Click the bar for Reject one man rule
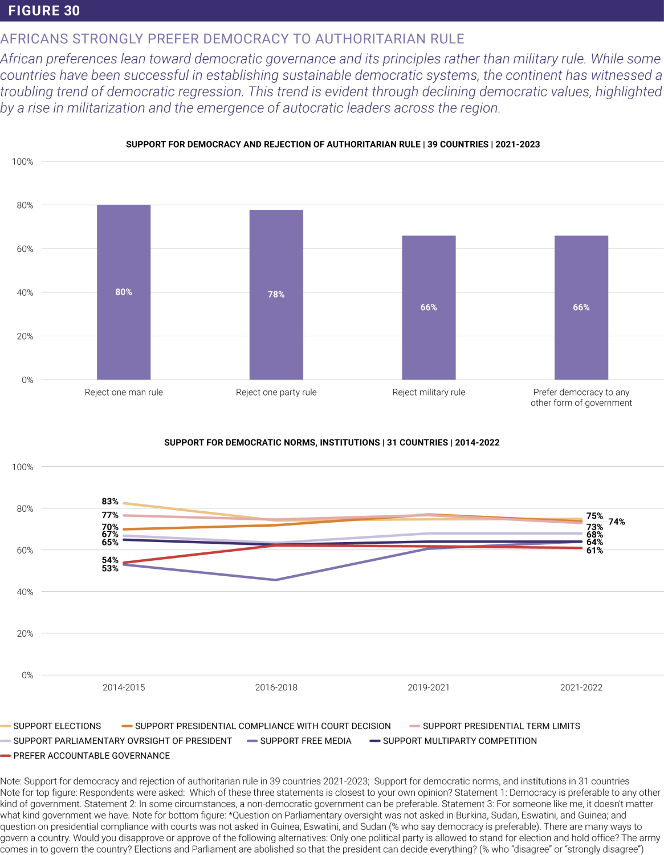[124, 292]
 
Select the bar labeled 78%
[276, 294]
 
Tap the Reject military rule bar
[429, 307]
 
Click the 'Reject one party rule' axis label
[276, 392]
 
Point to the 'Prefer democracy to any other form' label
[581, 397]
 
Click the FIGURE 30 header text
[44, 11]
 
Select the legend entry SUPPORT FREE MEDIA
[305, 741]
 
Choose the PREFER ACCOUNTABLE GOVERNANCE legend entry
[91, 756]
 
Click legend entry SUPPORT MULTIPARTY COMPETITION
[459, 741]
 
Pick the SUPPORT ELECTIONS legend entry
[57, 726]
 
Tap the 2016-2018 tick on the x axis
[276, 687]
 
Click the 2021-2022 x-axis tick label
[581, 687]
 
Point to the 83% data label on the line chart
[110, 502]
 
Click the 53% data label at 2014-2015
[110, 568]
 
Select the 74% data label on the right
[617, 522]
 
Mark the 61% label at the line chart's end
[594, 551]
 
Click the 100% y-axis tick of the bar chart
[23, 162]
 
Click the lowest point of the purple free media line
[276, 580]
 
